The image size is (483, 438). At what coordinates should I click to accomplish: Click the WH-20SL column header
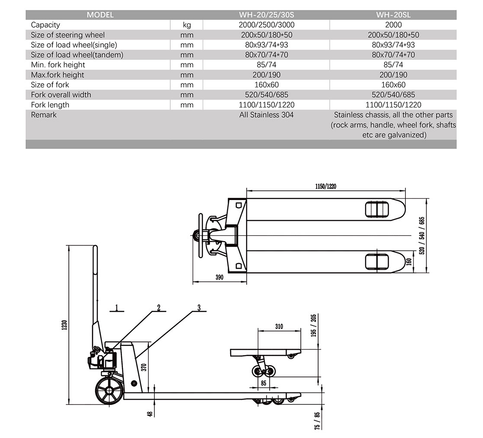pos(393,15)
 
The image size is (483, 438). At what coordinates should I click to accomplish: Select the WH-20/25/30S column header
pos(266,15)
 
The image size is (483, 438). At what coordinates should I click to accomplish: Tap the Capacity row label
pos(45,25)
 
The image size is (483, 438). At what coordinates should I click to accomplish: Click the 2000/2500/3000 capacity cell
pos(266,25)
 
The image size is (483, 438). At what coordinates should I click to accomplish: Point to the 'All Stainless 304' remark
pos(266,115)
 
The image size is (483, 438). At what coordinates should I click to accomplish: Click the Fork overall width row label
pos(61,95)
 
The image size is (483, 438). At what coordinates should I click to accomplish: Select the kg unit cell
pos(187,25)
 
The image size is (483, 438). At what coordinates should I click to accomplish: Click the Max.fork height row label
pos(58,75)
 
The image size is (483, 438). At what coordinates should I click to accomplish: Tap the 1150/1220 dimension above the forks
pos(325,187)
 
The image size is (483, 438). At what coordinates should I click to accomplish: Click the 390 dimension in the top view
pos(219,277)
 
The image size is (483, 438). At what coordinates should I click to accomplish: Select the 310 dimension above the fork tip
pos(279,326)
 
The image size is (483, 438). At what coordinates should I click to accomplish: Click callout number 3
pos(199,308)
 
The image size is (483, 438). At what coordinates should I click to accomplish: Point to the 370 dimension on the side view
pos(145,367)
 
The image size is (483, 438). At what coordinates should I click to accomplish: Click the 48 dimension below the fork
pos(150,414)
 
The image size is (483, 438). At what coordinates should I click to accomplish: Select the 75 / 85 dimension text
pos(317,420)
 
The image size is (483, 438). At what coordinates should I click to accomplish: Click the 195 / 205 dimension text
pos(313,325)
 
